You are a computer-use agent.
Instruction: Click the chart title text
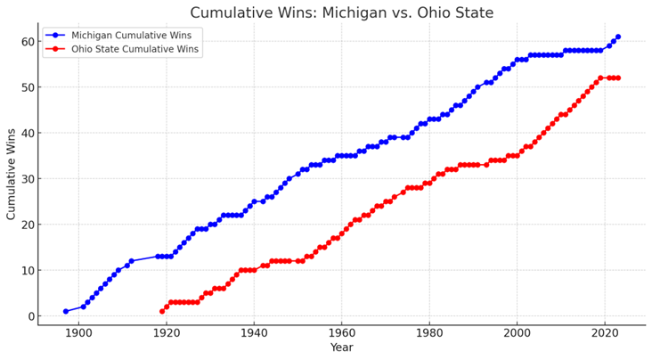point(342,12)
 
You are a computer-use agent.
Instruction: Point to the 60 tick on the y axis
point(27,42)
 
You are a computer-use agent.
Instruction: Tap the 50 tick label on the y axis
point(27,87)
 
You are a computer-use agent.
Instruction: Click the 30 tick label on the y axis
point(27,179)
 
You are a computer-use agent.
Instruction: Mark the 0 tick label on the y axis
point(31,316)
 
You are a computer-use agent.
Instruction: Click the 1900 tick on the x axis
point(78,333)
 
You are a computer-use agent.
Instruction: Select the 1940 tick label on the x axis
point(254,333)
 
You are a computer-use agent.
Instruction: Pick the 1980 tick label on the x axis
point(429,333)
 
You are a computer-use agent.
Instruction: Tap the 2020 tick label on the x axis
point(605,333)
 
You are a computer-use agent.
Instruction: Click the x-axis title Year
point(342,348)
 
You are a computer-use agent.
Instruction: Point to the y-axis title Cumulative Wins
point(11,174)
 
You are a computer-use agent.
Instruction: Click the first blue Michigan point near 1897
point(66,311)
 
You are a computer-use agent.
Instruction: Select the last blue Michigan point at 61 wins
point(618,37)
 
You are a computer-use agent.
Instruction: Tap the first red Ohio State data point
point(162,311)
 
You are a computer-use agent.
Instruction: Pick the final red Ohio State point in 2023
point(618,78)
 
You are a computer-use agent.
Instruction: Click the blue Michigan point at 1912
point(132,261)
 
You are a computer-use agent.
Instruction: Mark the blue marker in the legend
point(55,36)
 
